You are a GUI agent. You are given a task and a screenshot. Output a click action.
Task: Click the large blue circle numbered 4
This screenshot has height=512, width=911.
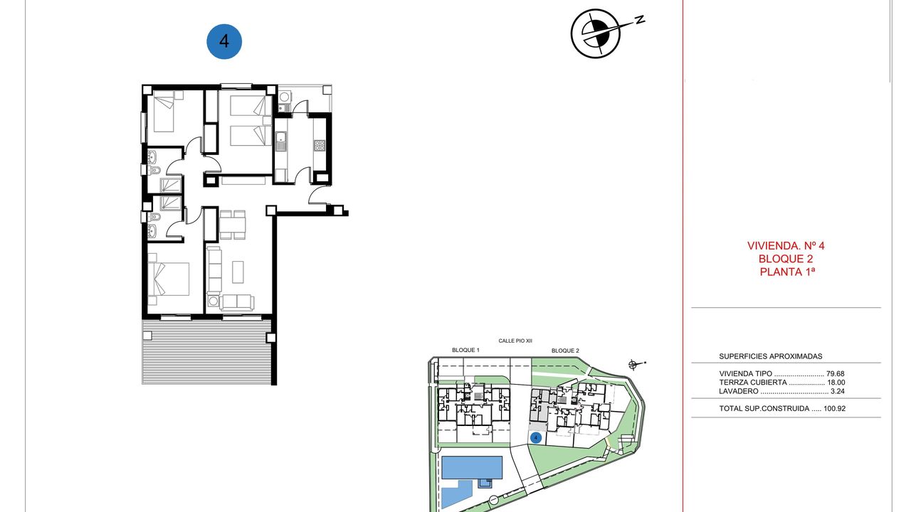(x=224, y=41)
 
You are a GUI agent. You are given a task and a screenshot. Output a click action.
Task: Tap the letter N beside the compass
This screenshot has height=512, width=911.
(x=640, y=19)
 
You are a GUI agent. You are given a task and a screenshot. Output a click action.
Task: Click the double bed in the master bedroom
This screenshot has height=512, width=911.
(x=169, y=279)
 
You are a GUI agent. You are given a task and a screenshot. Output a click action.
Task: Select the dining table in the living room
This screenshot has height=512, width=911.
(x=233, y=225)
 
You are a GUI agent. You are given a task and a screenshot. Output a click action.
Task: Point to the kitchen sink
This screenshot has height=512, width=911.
(x=280, y=141)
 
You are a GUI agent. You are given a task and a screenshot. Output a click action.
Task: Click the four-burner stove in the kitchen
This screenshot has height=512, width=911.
(x=320, y=146)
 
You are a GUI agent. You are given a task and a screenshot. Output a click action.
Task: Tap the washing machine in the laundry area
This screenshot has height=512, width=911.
(x=284, y=97)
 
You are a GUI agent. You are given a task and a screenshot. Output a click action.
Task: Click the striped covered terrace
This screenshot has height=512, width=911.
(x=206, y=352)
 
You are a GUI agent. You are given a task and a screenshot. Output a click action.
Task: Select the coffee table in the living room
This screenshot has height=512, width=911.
(x=238, y=272)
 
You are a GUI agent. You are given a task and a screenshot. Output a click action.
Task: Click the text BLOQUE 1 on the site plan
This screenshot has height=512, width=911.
(x=465, y=350)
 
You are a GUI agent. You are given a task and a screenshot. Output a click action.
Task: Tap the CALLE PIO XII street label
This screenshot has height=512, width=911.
(x=515, y=341)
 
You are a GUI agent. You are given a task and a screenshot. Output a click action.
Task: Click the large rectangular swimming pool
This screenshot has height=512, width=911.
(x=472, y=467)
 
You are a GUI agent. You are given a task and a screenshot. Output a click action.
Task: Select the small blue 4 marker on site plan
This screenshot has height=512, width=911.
(x=536, y=437)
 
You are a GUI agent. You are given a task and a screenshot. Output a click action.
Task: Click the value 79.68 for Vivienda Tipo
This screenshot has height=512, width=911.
(x=836, y=374)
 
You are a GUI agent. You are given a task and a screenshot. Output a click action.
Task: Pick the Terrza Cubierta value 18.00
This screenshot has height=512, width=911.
(x=836, y=383)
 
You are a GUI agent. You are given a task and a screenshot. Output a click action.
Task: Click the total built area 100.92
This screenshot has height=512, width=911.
(x=835, y=408)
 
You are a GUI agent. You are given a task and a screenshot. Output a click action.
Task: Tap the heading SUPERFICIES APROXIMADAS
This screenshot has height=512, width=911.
(x=771, y=356)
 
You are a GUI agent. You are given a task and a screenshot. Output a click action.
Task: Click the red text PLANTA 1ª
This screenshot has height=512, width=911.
(x=787, y=272)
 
